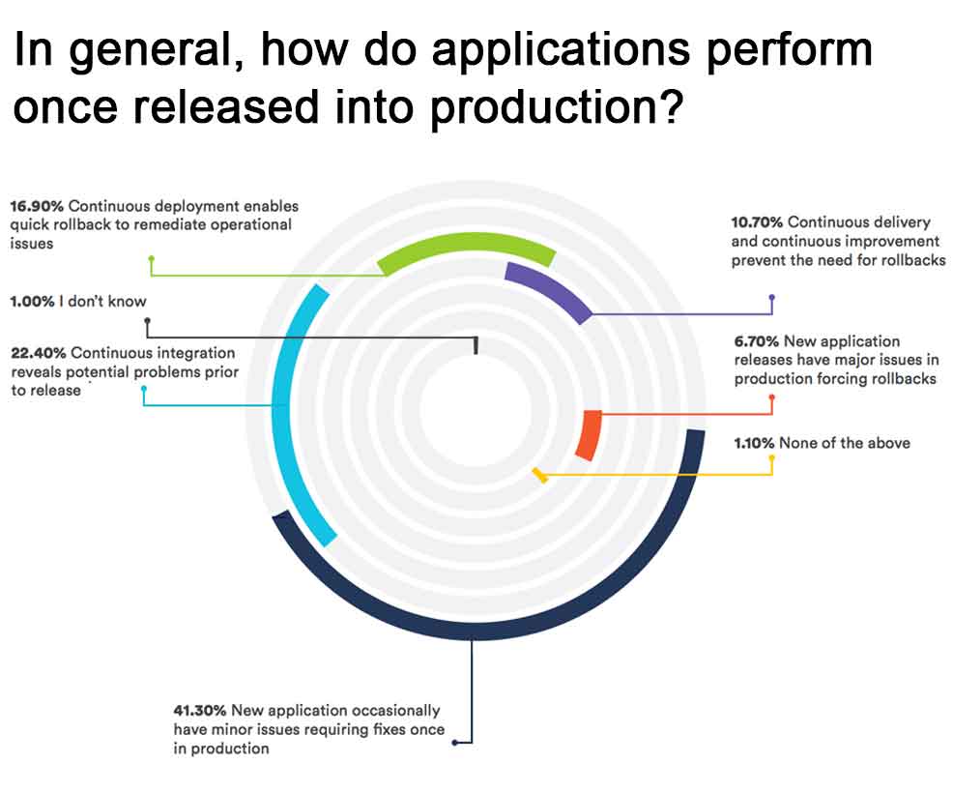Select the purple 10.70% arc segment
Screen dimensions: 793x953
[x=551, y=288]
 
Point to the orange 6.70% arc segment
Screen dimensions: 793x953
[x=589, y=435]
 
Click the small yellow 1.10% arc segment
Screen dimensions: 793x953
[x=541, y=474]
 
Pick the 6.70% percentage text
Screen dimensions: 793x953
[x=756, y=341]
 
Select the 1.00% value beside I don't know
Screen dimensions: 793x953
[x=32, y=302]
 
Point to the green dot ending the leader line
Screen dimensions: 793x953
[x=151, y=259]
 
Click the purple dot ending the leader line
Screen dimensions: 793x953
[x=771, y=298]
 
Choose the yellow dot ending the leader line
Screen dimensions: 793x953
[x=771, y=455]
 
